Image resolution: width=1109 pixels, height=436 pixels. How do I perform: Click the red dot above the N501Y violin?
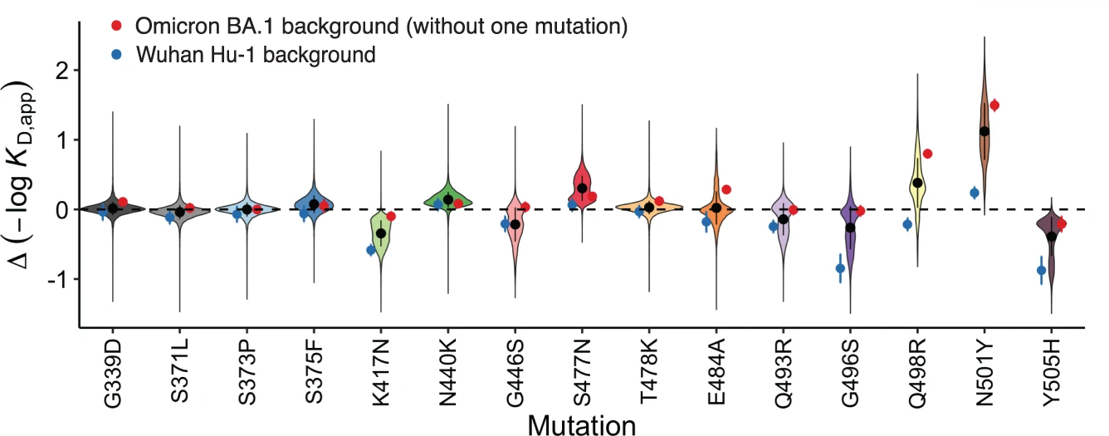(x=994, y=105)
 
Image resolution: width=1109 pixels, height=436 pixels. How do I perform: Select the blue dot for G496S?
(x=840, y=267)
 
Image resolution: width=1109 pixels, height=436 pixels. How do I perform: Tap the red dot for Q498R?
(x=928, y=154)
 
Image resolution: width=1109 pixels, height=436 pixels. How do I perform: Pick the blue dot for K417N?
(x=371, y=250)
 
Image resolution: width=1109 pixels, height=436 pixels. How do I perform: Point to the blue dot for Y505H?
(x=1042, y=270)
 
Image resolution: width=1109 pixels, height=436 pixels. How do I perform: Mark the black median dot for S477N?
(x=582, y=189)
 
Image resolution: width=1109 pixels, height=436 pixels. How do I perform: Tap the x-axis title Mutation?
(x=581, y=425)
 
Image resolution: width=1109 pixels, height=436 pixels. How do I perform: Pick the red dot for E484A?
(x=726, y=190)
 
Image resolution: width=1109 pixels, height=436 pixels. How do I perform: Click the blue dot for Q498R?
(x=907, y=224)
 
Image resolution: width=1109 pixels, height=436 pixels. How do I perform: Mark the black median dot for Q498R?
(x=917, y=183)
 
